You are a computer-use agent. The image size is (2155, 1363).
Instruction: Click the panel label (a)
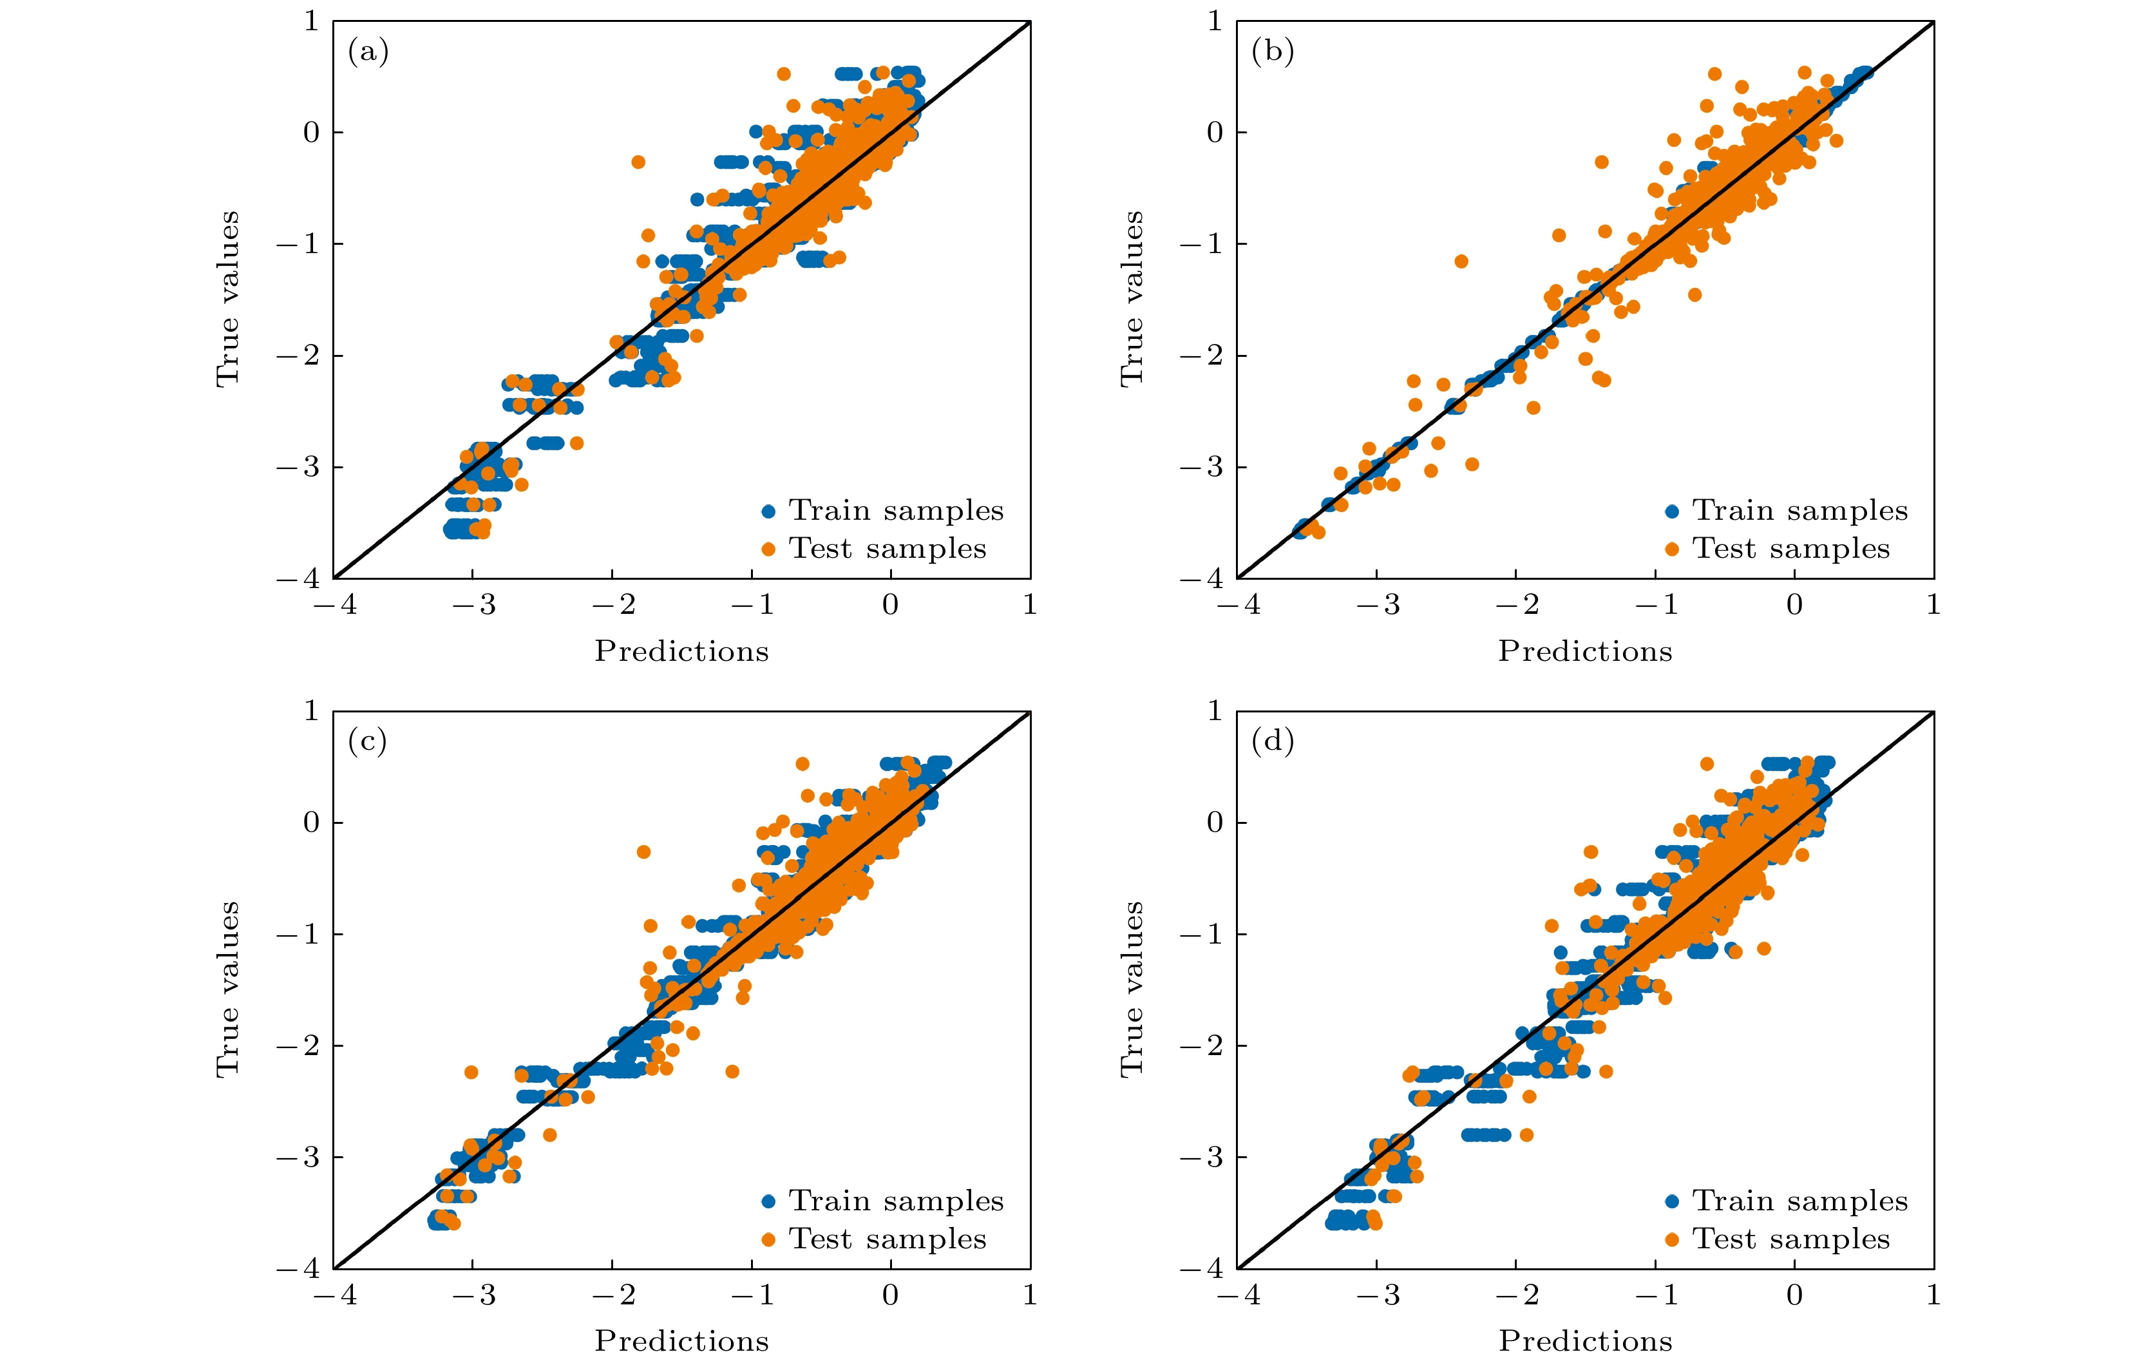point(368,52)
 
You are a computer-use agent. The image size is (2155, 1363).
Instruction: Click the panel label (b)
point(1272,52)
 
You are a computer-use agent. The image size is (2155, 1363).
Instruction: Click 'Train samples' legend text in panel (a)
point(896,511)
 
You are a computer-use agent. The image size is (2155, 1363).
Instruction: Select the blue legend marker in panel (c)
point(768,1201)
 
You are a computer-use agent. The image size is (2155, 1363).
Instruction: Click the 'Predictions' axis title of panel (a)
point(682,651)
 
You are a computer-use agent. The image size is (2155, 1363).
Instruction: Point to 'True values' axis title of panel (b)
point(1132,299)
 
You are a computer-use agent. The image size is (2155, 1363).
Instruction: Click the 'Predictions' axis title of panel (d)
point(1586,1340)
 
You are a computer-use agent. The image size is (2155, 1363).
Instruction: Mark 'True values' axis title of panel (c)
point(228,989)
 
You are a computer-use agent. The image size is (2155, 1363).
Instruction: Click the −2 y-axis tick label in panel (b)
point(1201,356)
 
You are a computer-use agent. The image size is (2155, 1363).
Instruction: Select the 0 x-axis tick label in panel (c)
point(891,1295)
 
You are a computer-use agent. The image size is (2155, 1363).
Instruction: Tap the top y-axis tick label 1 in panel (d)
point(1215,712)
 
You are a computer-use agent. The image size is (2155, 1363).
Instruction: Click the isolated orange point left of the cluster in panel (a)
point(638,162)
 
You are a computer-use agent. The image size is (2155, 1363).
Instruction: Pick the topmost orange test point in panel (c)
point(802,763)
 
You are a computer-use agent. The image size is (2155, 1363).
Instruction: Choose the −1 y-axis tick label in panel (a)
point(298,243)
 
